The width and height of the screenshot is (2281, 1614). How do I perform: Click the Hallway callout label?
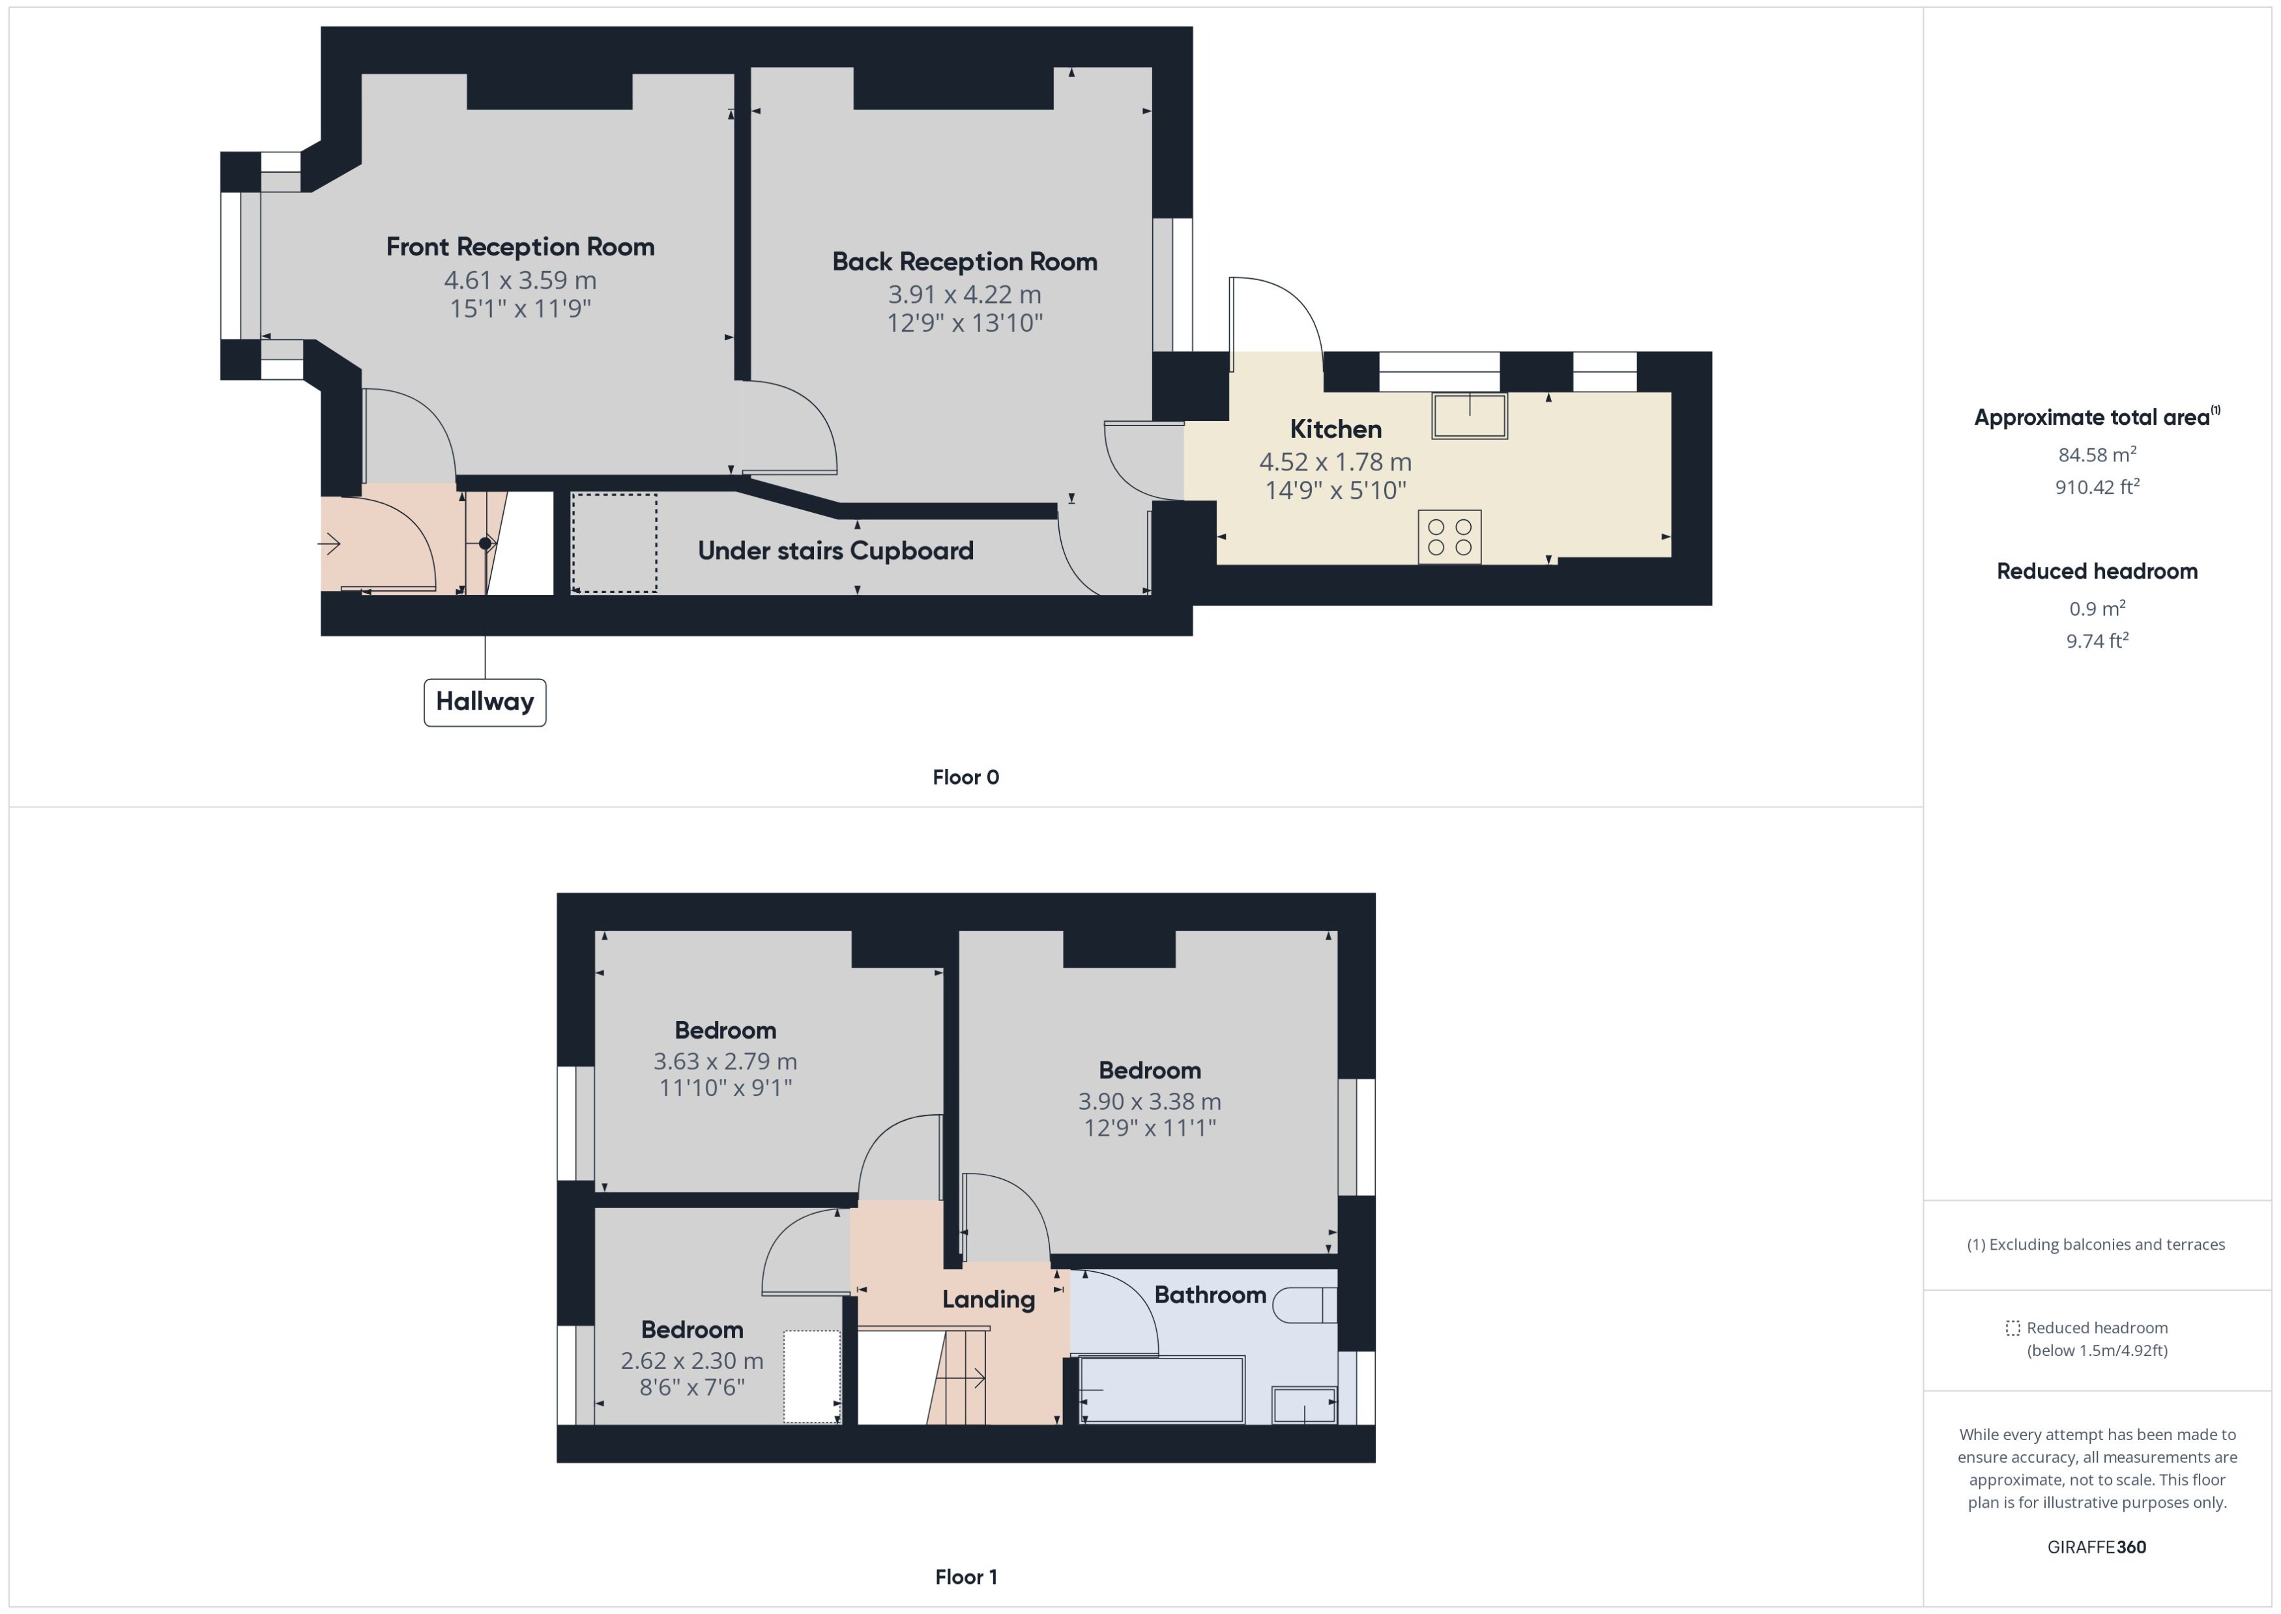pos(484,702)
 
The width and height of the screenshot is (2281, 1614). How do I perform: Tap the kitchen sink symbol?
pos(1468,416)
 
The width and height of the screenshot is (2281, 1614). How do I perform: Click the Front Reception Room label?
pos(520,246)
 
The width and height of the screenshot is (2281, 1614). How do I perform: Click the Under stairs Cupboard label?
pos(835,551)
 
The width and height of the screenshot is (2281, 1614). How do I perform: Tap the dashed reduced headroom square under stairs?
pos(613,543)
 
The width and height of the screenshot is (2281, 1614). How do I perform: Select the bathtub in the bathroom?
pos(1161,1389)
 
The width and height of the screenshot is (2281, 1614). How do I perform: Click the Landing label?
pos(988,1299)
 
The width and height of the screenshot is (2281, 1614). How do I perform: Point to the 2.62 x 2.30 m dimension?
pos(691,1361)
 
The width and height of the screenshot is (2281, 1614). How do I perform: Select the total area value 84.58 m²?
pos(2096,455)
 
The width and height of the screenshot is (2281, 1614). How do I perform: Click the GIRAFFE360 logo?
pos(2095,1546)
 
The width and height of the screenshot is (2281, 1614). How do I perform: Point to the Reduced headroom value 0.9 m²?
pos(2096,608)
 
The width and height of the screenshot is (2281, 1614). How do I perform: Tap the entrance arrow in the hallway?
pos(329,543)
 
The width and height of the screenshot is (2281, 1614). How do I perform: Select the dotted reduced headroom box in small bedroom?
pos(811,1376)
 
